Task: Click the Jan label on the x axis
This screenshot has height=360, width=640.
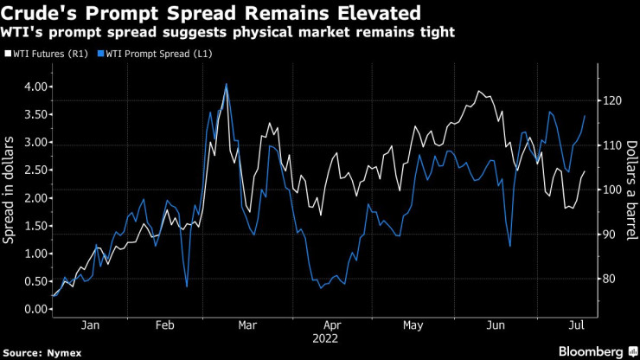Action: (90, 325)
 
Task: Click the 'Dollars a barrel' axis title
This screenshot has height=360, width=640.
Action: (630, 191)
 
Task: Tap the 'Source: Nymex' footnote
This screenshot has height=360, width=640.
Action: (38, 351)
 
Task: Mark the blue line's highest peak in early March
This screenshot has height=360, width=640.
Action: (227, 84)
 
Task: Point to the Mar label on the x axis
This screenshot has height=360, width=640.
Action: (248, 325)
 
